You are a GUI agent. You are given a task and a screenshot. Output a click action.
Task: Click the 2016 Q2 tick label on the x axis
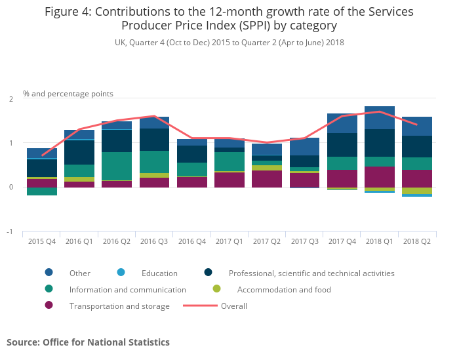[117, 241]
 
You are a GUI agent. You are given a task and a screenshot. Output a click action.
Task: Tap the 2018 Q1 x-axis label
[380, 241]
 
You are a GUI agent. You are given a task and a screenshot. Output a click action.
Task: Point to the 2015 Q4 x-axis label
[41, 241]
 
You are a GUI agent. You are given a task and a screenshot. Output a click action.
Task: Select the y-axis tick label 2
[10, 99]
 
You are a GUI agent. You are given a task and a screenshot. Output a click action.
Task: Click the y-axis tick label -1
[10, 231]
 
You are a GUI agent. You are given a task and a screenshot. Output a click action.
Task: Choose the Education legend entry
[159, 273]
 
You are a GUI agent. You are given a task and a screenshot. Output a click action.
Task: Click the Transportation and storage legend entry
[119, 306]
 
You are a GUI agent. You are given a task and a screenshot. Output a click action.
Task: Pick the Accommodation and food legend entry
[284, 289]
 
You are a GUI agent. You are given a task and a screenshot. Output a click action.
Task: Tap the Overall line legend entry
[233, 306]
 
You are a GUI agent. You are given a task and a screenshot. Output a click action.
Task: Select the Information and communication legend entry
[127, 289]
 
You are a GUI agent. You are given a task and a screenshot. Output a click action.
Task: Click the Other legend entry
[79, 273]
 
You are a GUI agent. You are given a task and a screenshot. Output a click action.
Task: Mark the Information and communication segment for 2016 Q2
[117, 166]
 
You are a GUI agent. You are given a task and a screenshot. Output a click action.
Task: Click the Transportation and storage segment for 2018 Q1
[380, 176]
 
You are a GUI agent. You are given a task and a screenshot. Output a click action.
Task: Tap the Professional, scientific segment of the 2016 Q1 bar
[79, 152]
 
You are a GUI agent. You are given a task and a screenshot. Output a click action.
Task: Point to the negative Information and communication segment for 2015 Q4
[42, 191]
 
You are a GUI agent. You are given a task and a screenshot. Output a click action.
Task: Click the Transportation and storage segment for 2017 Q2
[267, 179]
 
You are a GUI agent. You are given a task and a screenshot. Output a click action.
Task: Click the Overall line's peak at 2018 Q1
[380, 111]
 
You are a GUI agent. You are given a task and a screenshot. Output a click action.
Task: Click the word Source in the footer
[22, 342]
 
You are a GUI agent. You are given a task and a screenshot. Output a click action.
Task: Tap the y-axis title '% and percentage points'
[68, 94]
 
